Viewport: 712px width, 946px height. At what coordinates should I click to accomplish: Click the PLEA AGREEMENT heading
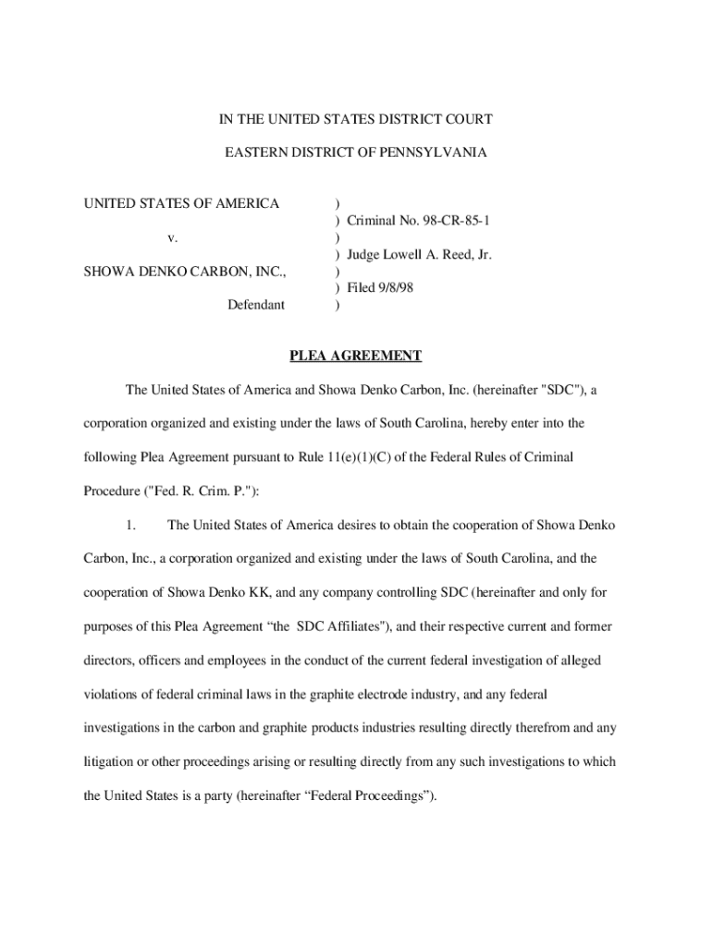pyautogui.click(x=356, y=356)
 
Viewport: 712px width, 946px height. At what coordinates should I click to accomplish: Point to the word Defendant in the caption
pyautogui.click(x=256, y=304)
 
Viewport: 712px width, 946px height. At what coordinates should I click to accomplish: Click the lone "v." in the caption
pyautogui.click(x=173, y=237)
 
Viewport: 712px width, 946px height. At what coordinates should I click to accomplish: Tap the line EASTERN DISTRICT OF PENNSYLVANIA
pyautogui.click(x=356, y=152)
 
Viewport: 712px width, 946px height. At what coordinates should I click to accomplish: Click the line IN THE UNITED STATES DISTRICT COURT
pyautogui.click(x=356, y=119)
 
